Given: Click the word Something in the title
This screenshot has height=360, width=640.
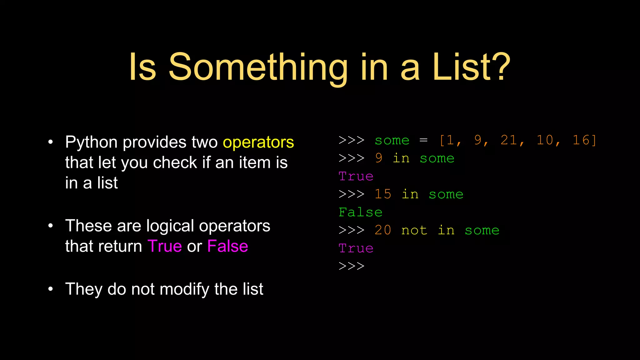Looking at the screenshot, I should pos(258,67).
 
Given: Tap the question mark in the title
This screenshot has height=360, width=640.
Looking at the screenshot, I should pos(501,67).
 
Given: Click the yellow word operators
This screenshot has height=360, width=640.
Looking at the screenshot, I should pos(258,142).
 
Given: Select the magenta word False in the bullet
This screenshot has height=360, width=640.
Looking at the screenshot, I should pos(227,246).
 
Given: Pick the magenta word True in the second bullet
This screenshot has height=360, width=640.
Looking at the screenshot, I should pos(165,246).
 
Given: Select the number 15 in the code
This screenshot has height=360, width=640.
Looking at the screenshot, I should pos(383,194).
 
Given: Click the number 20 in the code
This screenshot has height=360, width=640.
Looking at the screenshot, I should pos(383,230).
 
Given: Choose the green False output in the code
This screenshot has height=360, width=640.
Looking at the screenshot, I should pos(360,212).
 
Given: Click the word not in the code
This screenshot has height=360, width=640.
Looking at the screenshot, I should pos(414,230).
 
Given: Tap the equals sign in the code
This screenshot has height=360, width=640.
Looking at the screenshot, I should pos(423,140).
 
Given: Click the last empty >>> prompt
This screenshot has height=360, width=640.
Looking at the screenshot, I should pos(352,266).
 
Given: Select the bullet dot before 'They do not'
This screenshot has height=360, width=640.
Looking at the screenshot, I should pos(51,289).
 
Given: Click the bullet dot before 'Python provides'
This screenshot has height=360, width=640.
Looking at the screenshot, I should pos(51,142).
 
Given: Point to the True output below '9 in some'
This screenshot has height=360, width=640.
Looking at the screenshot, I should pos(356,177).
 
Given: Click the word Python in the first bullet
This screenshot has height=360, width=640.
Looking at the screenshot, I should pos(91,142).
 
